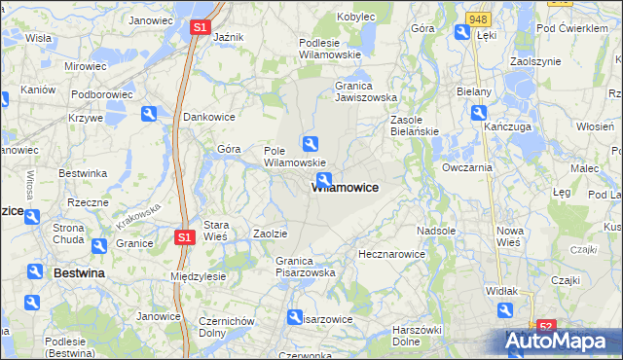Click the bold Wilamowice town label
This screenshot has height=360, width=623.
click(346, 187)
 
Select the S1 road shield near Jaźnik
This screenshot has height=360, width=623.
click(199, 28)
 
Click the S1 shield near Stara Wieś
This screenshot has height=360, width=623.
click(184, 236)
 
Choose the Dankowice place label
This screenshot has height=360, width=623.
click(210, 117)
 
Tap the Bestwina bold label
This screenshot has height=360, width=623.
click(78, 273)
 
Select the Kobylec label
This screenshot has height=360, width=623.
click(356, 17)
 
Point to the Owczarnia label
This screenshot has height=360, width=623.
click(467, 167)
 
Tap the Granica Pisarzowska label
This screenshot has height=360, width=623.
click(305, 267)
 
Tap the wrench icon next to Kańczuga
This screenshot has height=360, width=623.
click(479, 113)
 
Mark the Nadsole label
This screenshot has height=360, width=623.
click(435, 231)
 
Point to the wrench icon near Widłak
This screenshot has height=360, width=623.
click(505, 310)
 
